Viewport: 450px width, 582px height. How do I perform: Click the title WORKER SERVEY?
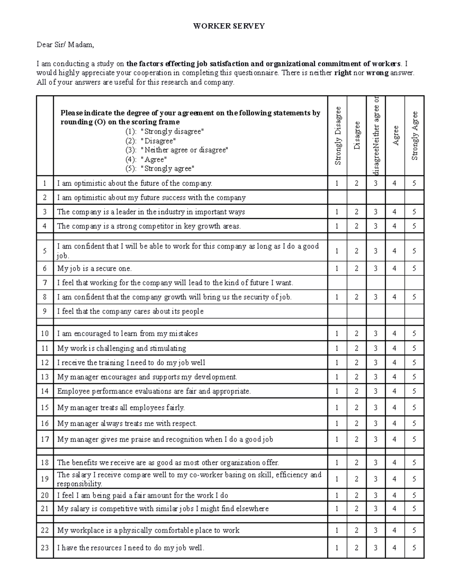(x=229, y=26)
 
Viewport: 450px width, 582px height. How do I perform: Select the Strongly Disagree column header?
(x=338, y=136)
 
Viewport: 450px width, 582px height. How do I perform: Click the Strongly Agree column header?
(x=414, y=136)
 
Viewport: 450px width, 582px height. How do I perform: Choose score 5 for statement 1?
(x=414, y=183)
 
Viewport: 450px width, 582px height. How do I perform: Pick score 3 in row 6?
(x=376, y=268)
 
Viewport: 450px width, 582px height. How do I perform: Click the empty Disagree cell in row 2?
(x=357, y=197)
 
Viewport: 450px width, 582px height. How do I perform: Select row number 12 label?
(x=45, y=362)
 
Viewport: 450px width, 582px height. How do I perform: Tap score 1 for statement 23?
(x=337, y=548)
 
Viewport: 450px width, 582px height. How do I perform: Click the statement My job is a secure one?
(x=94, y=268)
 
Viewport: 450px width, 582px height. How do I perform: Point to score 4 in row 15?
(x=394, y=407)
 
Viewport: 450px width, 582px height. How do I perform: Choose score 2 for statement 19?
(x=357, y=479)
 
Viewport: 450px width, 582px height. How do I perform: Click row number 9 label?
(x=45, y=311)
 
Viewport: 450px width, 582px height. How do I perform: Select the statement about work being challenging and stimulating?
(x=121, y=348)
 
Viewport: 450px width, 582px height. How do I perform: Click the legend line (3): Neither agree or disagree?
(x=176, y=150)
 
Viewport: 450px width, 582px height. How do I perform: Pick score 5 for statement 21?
(x=414, y=509)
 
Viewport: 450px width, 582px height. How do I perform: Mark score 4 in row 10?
(x=394, y=334)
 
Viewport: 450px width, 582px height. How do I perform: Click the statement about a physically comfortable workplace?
(x=148, y=530)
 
